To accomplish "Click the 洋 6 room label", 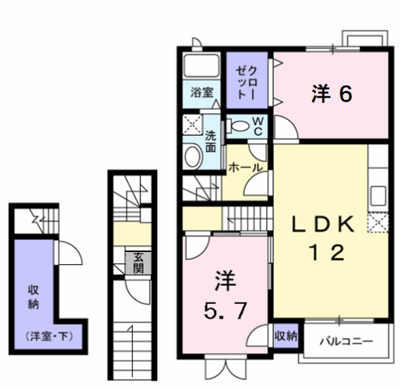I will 332,94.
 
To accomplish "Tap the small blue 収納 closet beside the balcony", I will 285,335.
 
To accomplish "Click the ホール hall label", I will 245,167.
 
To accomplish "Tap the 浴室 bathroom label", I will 201,92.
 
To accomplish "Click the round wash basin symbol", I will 193,157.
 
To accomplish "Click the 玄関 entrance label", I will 139,263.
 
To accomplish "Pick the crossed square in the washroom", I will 192,124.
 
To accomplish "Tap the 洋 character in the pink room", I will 224,281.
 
